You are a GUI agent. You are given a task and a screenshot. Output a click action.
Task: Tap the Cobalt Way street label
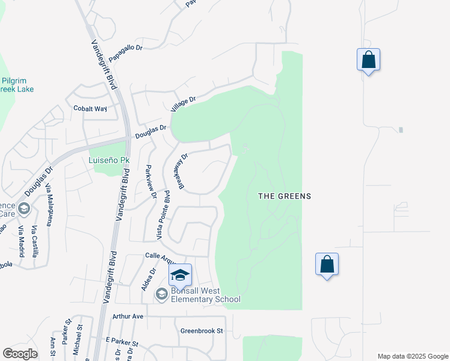coord(90,109)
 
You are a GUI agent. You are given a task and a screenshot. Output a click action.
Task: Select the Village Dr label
coord(183,104)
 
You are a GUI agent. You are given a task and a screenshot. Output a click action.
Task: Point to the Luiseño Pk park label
coord(109,161)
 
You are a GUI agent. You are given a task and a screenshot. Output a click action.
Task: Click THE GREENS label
coord(285,196)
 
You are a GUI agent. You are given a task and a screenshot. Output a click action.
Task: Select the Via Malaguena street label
coord(49,204)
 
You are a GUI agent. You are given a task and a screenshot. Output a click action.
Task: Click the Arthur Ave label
coord(128,316)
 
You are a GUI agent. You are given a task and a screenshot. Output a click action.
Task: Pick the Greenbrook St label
coord(202,331)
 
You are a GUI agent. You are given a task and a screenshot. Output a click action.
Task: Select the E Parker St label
coord(122,343)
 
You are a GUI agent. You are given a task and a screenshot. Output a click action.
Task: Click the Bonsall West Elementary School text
coord(205,295)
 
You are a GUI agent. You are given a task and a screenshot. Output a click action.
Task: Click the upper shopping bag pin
coord(368,60)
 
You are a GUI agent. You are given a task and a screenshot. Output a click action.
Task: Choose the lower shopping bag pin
coord(327,264)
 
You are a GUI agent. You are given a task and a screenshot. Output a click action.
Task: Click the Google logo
coord(20,354)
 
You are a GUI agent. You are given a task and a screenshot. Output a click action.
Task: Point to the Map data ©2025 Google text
coord(413,356)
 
